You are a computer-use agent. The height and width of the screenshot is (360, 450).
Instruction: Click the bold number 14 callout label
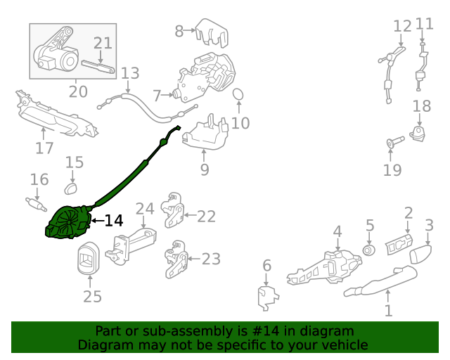(114, 221)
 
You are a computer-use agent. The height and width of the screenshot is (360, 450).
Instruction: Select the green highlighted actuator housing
(69, 222)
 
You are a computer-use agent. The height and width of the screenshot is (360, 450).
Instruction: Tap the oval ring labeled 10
(238, 94)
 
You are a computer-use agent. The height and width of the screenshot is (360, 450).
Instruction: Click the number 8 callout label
(179, 31)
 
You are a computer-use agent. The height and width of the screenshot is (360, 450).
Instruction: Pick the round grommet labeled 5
(368, 250)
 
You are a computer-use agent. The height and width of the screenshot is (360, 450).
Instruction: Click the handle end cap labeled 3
(420, 254)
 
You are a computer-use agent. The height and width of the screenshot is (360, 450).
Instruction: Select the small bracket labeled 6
(267, 297)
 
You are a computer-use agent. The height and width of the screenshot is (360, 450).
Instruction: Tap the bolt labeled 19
(395, 142)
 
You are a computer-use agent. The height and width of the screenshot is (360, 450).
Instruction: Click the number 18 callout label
(422, 106)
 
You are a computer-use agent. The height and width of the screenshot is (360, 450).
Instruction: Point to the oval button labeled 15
(70, 188)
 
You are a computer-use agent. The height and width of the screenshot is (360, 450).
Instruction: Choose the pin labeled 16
(36, 205)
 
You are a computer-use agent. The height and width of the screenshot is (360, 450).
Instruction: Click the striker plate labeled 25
(89, 258)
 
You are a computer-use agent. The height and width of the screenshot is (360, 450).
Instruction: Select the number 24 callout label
(145, 209)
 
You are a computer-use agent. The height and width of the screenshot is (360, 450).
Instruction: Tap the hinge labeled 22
(172, 210)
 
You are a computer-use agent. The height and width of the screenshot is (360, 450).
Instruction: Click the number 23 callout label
(211, 259)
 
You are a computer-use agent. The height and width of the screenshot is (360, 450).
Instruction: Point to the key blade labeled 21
(98, 67)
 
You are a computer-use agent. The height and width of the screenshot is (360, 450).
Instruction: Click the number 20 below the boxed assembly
(78, 91)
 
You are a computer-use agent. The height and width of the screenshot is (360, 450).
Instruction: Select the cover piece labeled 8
(212, 32)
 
